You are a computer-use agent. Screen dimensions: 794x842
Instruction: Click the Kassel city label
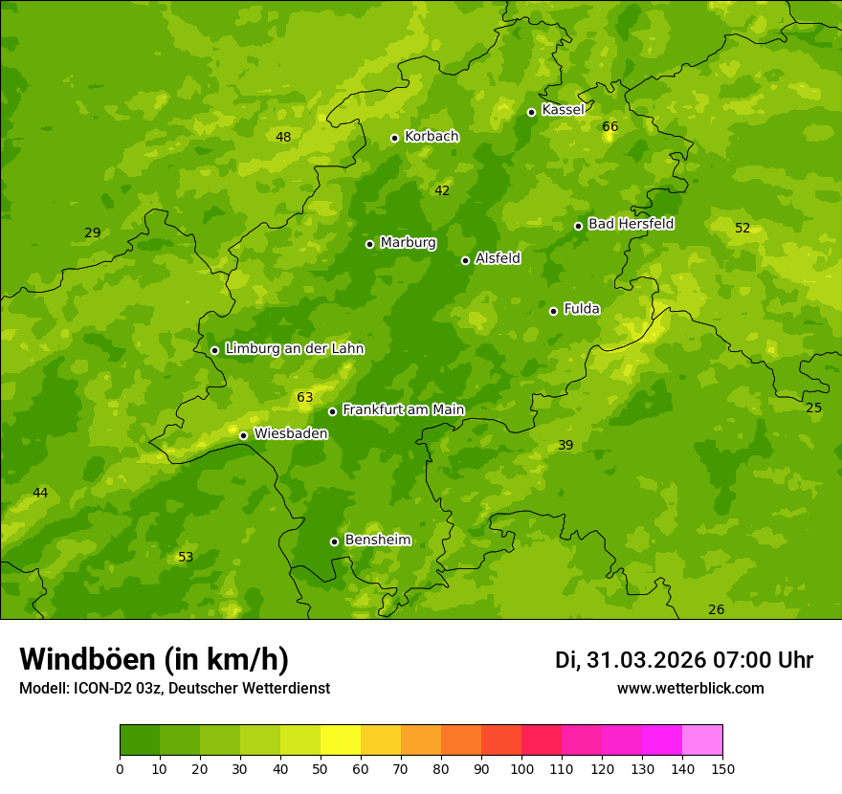[x=563, y=110]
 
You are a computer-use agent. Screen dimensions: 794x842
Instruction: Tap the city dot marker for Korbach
[x=394, y=138]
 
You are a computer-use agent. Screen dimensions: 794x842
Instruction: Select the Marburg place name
[x=408, y=243]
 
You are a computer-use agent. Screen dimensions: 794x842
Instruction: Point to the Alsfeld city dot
[x=465, y=260]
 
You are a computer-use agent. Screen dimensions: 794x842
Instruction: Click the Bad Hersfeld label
[x=631, y=224]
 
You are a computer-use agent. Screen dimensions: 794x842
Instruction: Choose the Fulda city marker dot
[x=553, y=311]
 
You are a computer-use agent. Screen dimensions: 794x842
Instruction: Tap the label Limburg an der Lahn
[x=294, y=349]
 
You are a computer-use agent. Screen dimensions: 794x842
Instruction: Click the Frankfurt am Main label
[x=403, y=409]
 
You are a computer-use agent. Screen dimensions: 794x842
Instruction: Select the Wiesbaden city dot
[x=243, y=435]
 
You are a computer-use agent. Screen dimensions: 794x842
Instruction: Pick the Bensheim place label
[x=377, y=540]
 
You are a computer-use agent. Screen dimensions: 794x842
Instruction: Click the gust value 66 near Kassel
[x=610, y=126]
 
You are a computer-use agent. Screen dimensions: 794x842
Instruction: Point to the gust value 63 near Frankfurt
[x=305, y=397]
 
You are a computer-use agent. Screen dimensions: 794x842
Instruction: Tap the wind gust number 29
[x=93, y=232]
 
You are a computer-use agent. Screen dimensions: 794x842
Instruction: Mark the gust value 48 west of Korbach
[x=283, y=137]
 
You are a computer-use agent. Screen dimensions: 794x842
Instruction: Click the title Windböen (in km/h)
[x=154, y=659]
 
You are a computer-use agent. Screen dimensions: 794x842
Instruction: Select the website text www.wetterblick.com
[x=690, y=688]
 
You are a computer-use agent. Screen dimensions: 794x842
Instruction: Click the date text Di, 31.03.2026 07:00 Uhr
[x=684, y=660]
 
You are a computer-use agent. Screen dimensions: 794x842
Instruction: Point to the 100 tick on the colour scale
[x=521, y=768]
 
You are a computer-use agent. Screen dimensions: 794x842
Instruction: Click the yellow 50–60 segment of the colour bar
[x=341, y=740]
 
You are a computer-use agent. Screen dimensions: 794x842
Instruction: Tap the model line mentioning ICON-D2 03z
[x=174, y=688]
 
